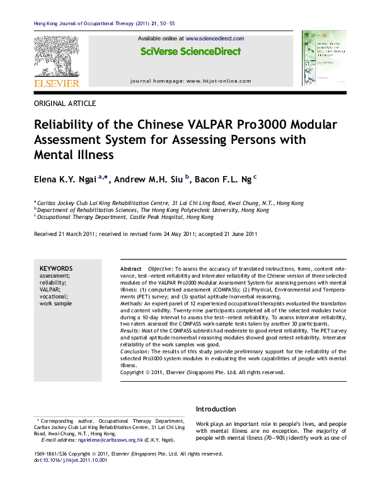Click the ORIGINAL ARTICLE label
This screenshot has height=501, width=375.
point(64,102)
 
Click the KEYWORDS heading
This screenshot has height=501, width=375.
point(56,268)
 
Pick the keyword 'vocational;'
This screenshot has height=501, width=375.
point(53,296)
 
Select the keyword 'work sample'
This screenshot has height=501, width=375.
point(55,304)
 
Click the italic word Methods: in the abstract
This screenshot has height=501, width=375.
point(133,304)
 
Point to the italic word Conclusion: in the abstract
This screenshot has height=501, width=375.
point(136,351)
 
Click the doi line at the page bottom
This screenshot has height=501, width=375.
point(70,460)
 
